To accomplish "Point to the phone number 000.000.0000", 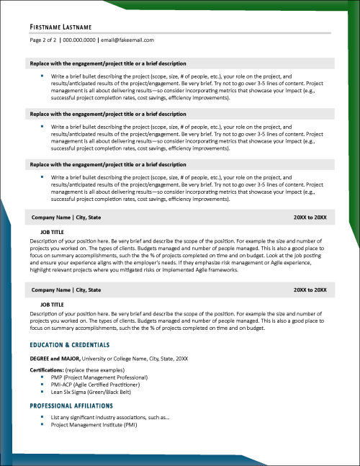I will (86, 40).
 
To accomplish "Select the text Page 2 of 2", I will (47, 40).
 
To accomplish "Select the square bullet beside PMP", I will (42, 377).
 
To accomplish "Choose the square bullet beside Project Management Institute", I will (42, 424).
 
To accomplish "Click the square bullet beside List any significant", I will (42, 417).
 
